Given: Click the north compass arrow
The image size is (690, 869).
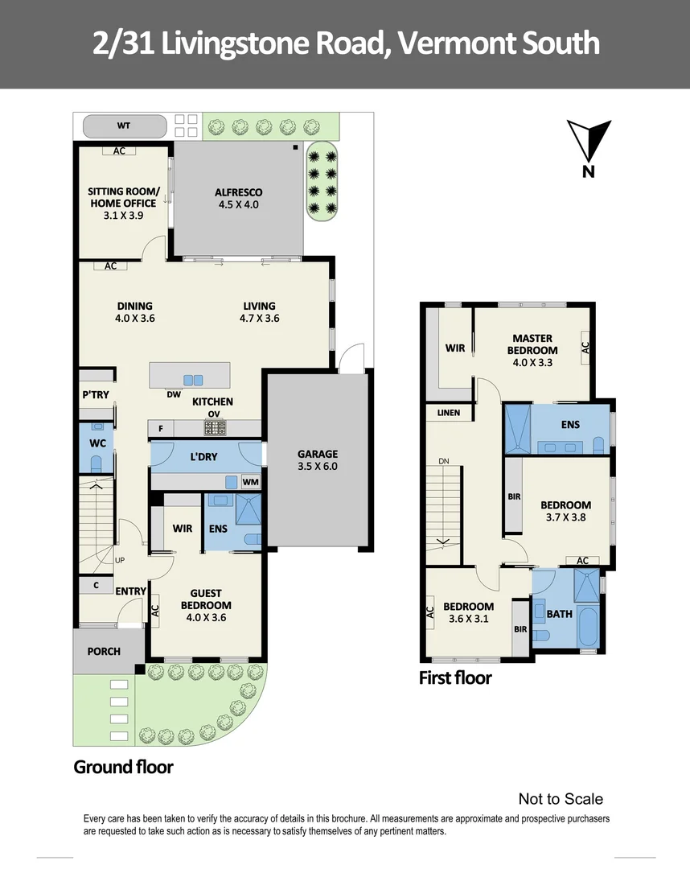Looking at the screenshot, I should point(589,142).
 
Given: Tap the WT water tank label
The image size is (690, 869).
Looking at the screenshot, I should point(124,126).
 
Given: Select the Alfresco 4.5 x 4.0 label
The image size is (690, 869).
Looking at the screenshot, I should point(238,198).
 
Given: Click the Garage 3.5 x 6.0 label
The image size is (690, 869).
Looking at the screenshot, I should point(318,459).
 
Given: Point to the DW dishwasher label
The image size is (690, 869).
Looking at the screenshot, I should point(174,394).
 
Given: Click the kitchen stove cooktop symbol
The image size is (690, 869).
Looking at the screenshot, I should point(215,428).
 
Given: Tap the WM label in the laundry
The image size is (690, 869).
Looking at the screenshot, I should point(250,482).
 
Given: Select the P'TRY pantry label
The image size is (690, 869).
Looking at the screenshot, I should point(96,394).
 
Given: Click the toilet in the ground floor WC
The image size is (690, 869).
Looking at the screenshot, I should point(97,464).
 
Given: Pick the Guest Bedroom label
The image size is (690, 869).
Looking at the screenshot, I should point(206,599).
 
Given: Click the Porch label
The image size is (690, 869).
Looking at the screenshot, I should point(104,651).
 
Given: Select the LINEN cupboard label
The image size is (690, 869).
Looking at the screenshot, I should point(449,413).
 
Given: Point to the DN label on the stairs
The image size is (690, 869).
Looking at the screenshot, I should point(443,461).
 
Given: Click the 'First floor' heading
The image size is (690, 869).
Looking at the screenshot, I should point(454,677).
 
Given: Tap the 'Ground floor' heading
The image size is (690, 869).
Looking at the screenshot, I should point(123,766).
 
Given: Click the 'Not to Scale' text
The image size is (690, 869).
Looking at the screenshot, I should point(561,799).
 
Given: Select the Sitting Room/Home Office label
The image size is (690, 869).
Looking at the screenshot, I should point(123,203).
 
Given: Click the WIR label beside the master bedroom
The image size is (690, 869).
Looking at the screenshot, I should point(454,348).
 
